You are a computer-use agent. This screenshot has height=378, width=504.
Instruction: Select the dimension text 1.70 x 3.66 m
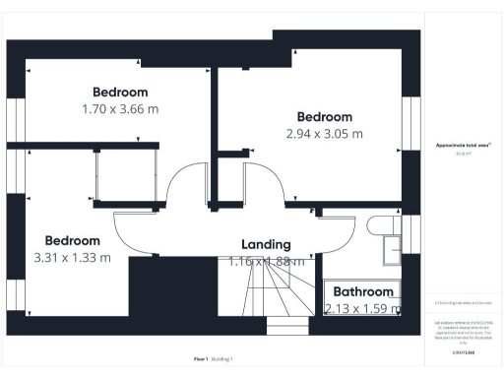pyautogui.click(x=120, y=109)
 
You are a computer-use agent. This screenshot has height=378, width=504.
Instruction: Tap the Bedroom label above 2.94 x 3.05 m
pyautogui.click(x=324, y=116)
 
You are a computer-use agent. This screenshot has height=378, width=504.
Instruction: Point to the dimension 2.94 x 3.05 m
pyautogui.click(x=324, y=133)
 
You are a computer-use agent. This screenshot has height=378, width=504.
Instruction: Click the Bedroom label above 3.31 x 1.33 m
pyautogui.click(x=72, y=240)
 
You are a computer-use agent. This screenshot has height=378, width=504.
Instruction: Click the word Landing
pyautogui.click(x=266, y=244)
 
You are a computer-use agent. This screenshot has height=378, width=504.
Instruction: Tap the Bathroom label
pyautogui.click(x=362, y=291)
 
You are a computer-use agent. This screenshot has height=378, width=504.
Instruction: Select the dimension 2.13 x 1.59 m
pyautogui.click(x=362, y=308)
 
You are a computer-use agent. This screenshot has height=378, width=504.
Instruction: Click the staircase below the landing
pyautogui.click(x=266, y=290)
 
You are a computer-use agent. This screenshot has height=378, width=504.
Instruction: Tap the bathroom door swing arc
pyautogui.click(x=335, y=236)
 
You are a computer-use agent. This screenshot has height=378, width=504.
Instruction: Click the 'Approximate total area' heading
pyautogui.click(x=463, y=145)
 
